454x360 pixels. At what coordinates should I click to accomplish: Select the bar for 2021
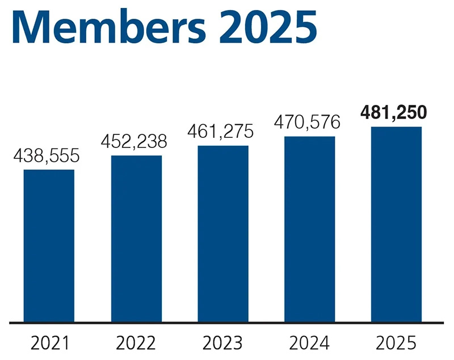[49, 245]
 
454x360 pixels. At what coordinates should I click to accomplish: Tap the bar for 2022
[136, 239]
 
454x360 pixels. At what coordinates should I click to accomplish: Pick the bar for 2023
[223, 234]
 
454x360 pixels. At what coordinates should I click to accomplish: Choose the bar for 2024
[309, 229]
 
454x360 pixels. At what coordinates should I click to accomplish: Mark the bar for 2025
[397, 225]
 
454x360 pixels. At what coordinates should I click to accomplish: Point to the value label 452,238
[135, 142]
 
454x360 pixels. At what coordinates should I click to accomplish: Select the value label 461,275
[222, 132]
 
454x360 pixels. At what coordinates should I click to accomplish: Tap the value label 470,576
[307, 122]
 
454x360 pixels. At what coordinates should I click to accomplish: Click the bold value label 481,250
[394, 113]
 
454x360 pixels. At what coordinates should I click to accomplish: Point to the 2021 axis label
[50, 343]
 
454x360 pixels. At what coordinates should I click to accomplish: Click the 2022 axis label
[136, 343]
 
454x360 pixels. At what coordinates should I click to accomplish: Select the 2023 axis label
[223, 343]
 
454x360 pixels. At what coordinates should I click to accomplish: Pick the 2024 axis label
[309, 343]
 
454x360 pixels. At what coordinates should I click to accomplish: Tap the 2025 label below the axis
[396, 343]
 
